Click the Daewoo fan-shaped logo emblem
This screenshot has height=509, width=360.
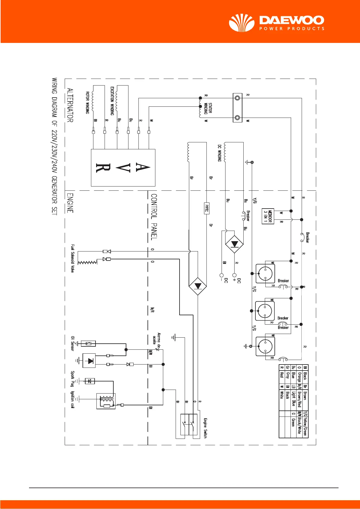pos(242,23)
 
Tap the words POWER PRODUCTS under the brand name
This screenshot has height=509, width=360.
pos(292,29)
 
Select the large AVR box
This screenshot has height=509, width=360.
pos(123,167)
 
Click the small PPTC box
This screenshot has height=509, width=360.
pos(207,208)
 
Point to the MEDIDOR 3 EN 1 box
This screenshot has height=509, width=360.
pos(268,216)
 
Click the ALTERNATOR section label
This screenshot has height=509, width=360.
pos(70,105)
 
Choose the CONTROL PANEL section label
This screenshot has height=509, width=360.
pos(154,217)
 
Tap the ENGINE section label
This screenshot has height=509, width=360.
pos(70,203)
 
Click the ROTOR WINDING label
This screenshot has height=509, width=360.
pos(87,103)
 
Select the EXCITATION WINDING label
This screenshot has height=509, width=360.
pos(112,101)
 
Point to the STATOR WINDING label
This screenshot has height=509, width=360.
pos(208,108)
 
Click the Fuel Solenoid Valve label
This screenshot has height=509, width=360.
pos(73,258)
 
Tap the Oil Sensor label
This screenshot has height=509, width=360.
pos(73,343)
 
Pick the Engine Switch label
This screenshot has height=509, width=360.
pos(205,428)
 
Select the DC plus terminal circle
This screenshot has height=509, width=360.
pos(234,275)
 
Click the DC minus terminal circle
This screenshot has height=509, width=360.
pos(222,275)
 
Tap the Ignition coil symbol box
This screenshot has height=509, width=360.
pos(106,401)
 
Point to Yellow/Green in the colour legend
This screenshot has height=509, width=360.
pos(305,423)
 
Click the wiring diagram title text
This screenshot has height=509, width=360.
pos(54,147)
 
